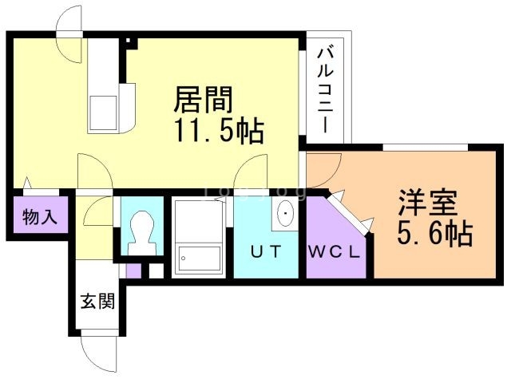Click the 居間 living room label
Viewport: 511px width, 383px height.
[203, 99]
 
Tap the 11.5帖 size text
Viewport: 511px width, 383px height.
[219, 130]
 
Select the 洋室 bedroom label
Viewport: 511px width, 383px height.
[428, 203]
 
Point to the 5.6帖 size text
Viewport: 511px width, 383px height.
[434, 232]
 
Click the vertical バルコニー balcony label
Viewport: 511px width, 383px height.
[326, 90]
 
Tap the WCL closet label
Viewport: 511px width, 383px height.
[334, 252]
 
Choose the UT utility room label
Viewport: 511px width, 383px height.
[266, 251]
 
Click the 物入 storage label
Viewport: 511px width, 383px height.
[40, 216]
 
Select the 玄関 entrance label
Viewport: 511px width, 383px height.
[97, 301]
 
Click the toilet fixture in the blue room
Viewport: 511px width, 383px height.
[141, 233]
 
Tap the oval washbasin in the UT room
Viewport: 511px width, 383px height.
[285, 213]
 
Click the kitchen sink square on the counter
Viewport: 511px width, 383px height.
[103, 113]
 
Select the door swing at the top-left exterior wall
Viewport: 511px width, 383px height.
[69, 34]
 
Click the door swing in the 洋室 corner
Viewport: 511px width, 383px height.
[323, 170]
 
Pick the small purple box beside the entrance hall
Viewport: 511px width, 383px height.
[133, 271]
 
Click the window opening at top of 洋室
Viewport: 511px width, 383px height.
[426, 147]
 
